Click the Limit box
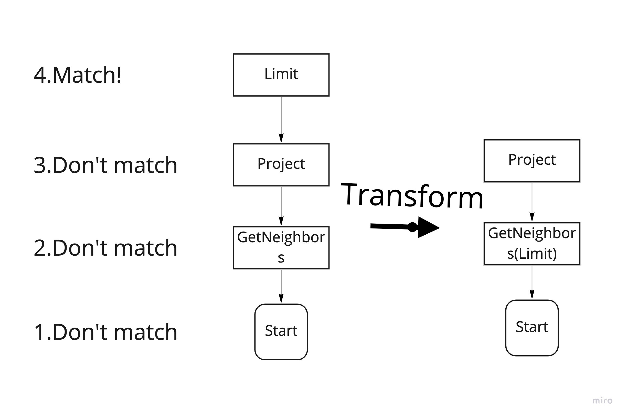(x=281, y=75)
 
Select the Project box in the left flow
(x=281, y=165)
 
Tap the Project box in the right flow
(x=532, y=161)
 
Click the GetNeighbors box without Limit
(x=281, y=248)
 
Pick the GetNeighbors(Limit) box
(x=532, y=244)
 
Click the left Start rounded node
(x=281, y=332)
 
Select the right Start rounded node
(x=532, y=328)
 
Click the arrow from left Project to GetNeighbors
(x=281, y=206)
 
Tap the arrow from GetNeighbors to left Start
(x=281, y=287)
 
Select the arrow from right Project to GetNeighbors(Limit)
(x=532, y=202)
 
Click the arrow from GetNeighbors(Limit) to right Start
(x=532, y=282)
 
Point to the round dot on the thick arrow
(x=412, y=227)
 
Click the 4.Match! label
(x=77, y=75)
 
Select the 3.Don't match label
(x=105, y=165)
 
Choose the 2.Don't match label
(x=105, y=248)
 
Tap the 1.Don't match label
(x=105, y=332)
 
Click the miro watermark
(x=602, y=401)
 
